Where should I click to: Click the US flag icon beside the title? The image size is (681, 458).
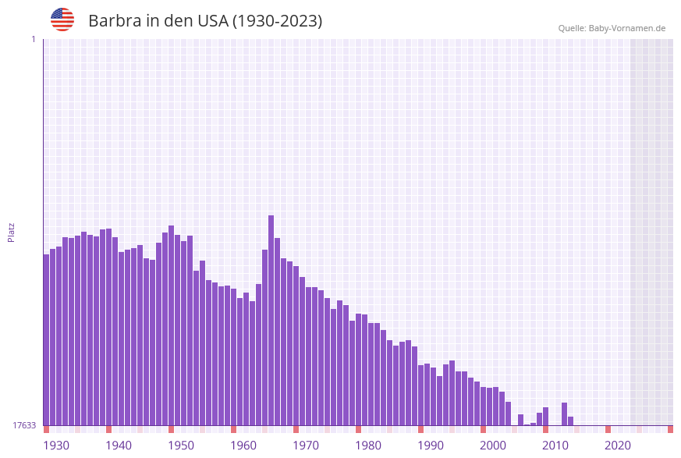(x=62, y=20)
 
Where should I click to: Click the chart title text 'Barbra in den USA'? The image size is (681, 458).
(x=205, y=21)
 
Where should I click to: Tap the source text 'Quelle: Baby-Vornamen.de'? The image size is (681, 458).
(x=612, y=28)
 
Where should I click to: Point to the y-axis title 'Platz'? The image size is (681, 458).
(x=12, y=232)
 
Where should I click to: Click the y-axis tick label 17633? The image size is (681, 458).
(x=24, y=425)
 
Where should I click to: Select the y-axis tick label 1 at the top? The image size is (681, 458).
(x=33, y=39)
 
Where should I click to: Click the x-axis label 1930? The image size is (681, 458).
(x=56, y=446)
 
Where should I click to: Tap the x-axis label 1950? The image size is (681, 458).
(x=181, y=446)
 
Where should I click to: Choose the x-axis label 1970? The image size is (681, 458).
(x=306, y=446)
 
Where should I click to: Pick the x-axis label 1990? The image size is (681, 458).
(x=431, y=446)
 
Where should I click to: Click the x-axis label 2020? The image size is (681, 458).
(x=618, y=446)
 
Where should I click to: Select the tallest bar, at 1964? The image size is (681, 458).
(x=271, y=320)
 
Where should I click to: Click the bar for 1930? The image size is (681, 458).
(x=46, y=339)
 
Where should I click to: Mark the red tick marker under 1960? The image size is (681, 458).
(x=233, y=429)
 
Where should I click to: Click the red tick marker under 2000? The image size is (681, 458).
(x=483, y=429)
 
